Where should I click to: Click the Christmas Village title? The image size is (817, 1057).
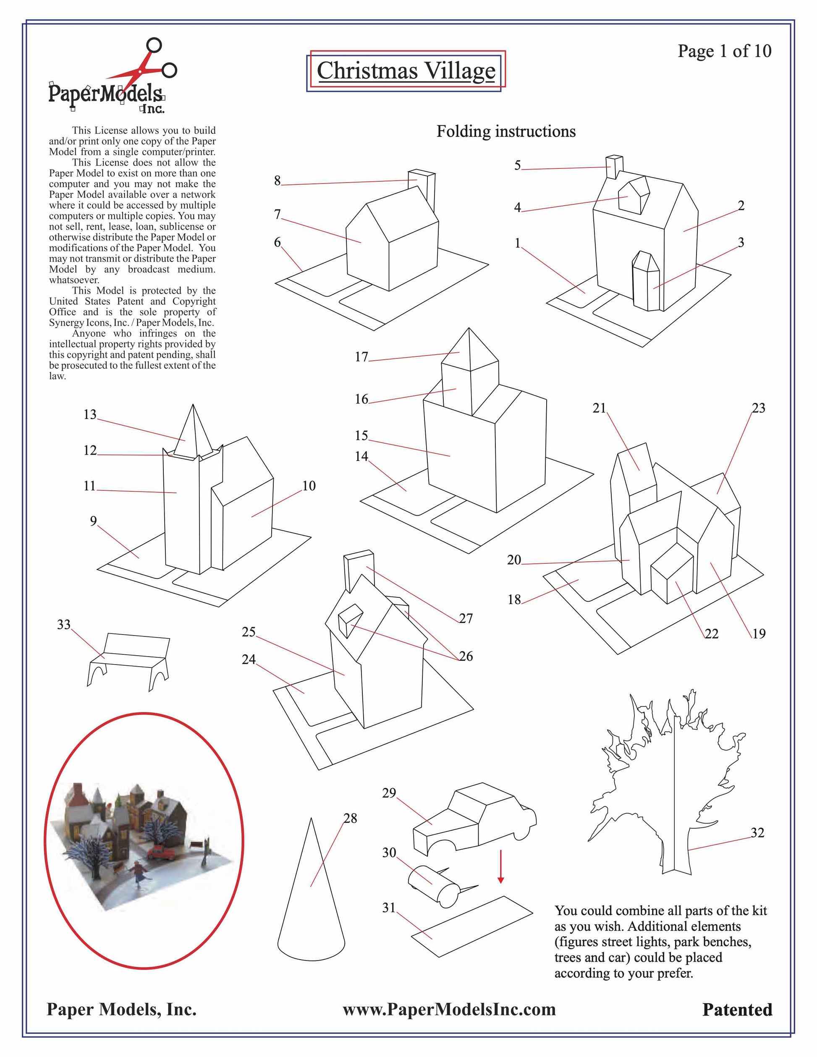pos(406,71)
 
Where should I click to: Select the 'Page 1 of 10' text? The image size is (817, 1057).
pos(724,51)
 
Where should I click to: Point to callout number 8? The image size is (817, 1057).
pos(278,181)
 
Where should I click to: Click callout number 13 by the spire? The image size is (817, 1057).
pos(90,414)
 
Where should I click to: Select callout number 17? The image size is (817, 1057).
pos(361,357)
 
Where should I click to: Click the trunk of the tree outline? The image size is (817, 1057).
pos(675,852)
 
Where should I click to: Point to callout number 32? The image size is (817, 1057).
pos(757,832)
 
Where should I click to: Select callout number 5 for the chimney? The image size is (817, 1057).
pos(517,165)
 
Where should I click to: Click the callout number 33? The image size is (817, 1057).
pos(64,624)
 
